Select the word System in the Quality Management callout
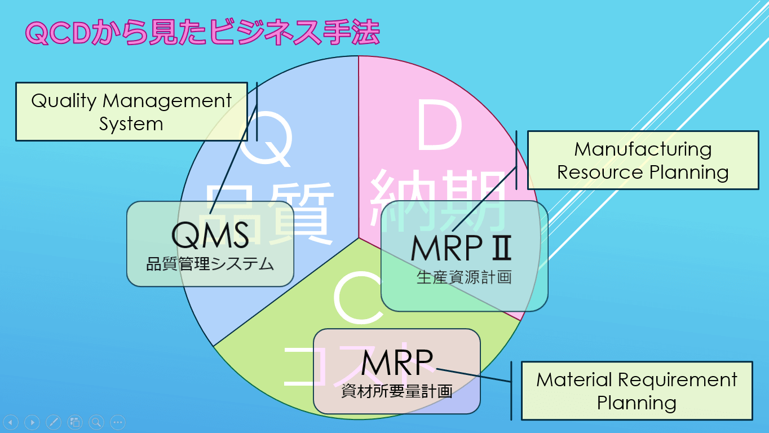[x=131, y=123]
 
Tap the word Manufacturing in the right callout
[x=643, y=149]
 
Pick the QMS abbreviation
[x=210, y=235]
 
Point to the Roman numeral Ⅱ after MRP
[x=501, y=248]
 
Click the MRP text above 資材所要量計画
[x=397, y=363]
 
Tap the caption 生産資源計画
[x=463, y=277]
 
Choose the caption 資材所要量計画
[x=397, y=391]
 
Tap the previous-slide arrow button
[x=11, y=422]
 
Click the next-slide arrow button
[x=32, y=422]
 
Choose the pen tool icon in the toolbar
[x=54, y=422]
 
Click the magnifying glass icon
[x=96, y=422]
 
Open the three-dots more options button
[x=117, y=422]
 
